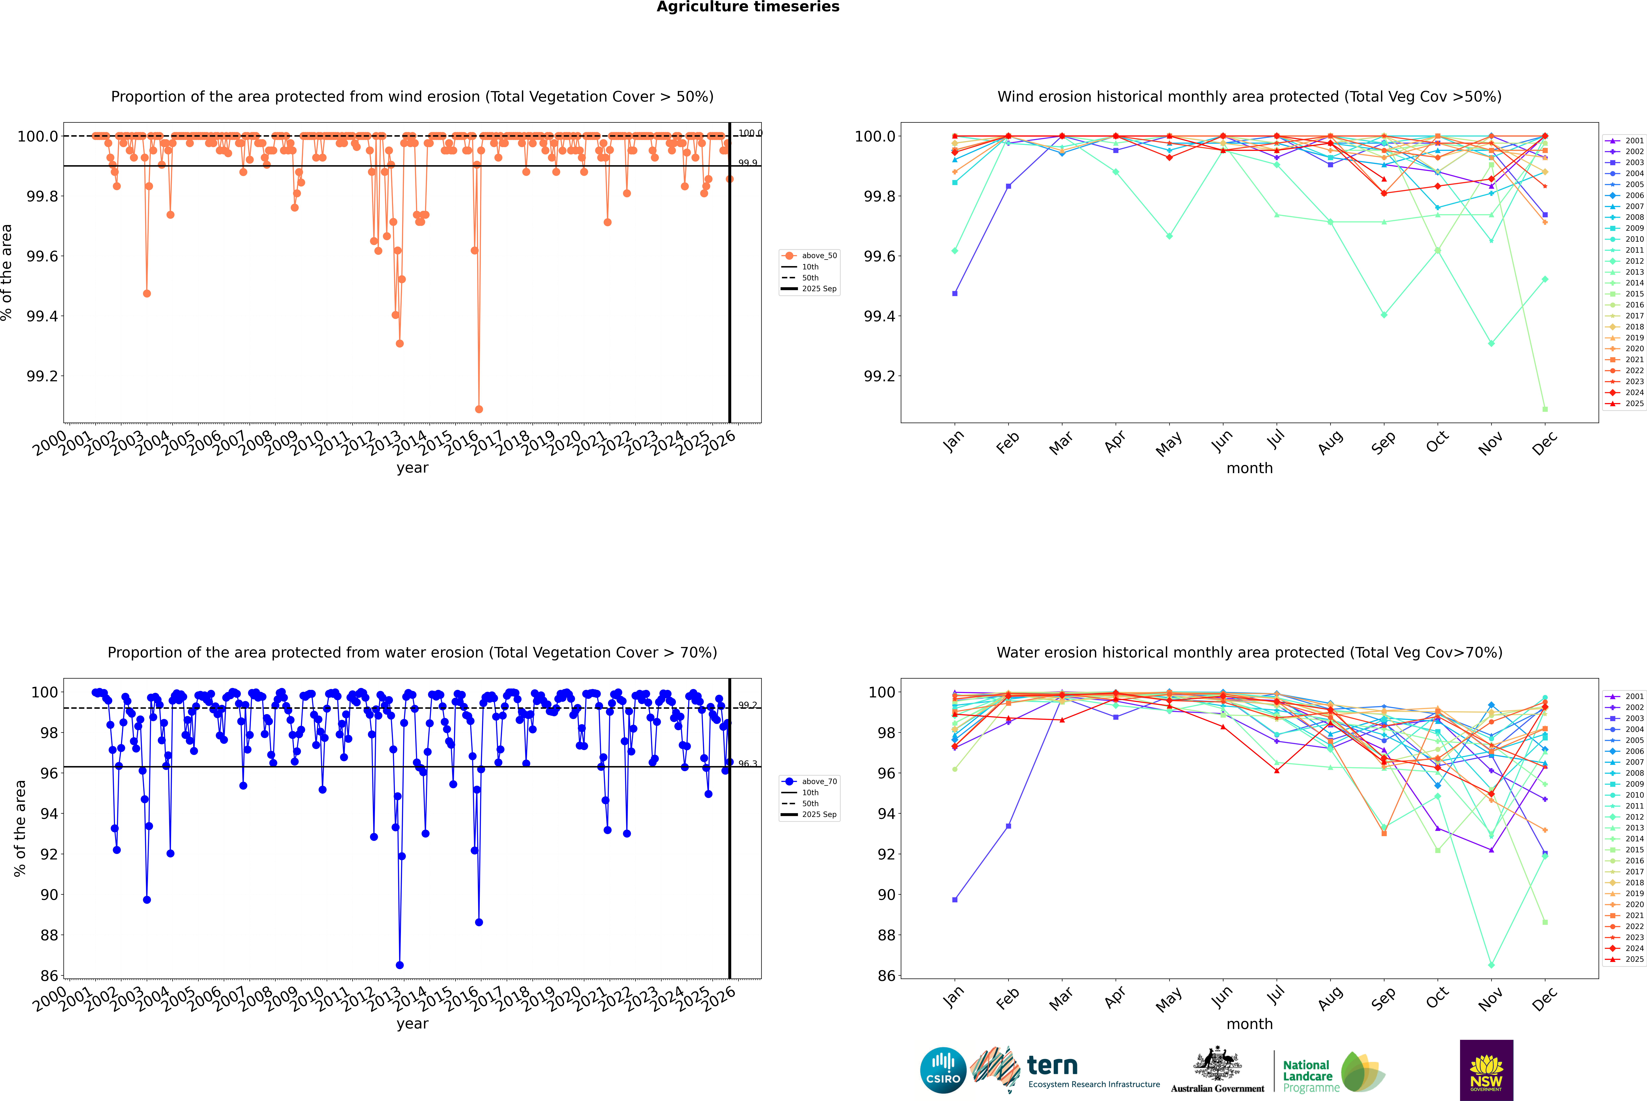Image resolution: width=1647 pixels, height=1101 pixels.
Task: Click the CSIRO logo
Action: [943, 1070]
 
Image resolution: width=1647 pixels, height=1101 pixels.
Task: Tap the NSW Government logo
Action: [1486, 1070]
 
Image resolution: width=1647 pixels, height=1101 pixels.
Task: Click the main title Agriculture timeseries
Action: [748, 7]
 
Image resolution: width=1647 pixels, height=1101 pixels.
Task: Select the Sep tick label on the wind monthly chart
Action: [1383, 442]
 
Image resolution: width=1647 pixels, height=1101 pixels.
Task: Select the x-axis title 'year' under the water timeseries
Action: [412, 1024]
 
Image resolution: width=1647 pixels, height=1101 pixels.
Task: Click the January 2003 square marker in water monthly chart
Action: [955, 900]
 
